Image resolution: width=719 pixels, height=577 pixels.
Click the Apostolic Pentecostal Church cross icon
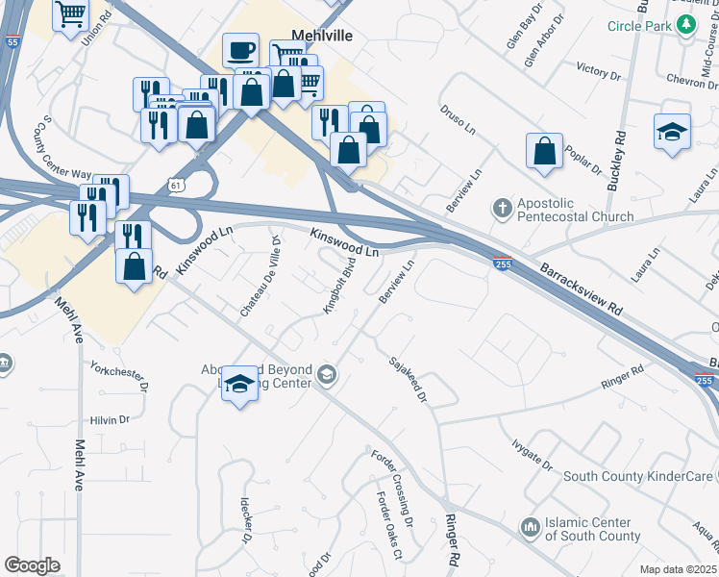[x=502, y=207]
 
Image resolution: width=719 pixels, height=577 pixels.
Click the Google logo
[x=32, y=565]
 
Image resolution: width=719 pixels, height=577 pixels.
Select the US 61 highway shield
[x=174, y=183]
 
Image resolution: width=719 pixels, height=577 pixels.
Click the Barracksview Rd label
[x=580, y=286]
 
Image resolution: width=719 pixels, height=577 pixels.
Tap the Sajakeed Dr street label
[x=408, y=379]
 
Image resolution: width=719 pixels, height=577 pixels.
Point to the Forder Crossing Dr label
[x=391, y=486]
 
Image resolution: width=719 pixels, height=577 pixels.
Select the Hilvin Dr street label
[x=110, y=419]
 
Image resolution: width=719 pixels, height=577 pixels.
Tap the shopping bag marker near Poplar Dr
[x=544, y=152]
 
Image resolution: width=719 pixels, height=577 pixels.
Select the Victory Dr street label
[x=592, y=70]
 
